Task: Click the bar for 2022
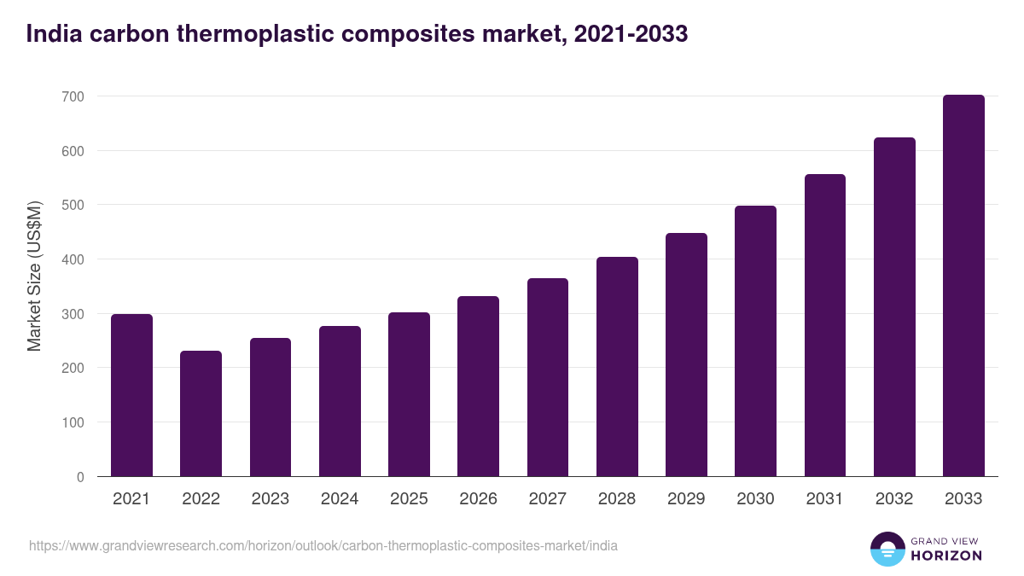point(201,414)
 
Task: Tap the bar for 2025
point(409,394)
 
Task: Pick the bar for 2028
point(617,367)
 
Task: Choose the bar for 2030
point(755,341)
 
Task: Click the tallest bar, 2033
point(963,286)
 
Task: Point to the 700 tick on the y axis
point(73,96)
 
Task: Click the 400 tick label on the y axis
point(73,259)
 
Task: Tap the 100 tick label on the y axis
point(73,422)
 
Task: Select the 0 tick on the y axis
point(80,477)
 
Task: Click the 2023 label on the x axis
point(270,499)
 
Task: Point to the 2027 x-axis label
point(547,499)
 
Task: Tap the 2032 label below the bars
point(894,499)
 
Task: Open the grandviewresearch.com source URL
point(323,545)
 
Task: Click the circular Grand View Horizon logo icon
point(887,549)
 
